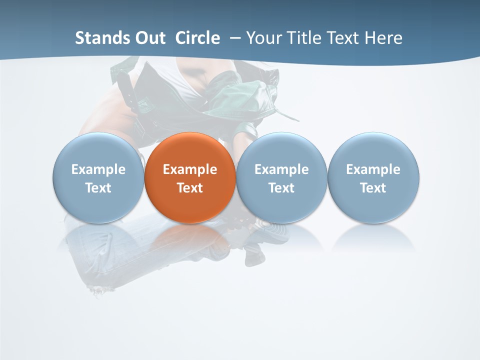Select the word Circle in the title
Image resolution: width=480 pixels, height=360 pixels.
pyautogui.click(x=197, y=38)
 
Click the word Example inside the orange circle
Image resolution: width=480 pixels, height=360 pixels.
pyautogui.click(x=190, y=169)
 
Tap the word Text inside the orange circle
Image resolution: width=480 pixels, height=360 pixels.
pyautogui.click(x=190, y=188)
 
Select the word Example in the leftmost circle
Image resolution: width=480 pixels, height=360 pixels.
pyautogui.click(x=98, y=169)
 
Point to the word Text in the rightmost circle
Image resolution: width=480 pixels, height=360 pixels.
pyautogui.click(x=373, y=188)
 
